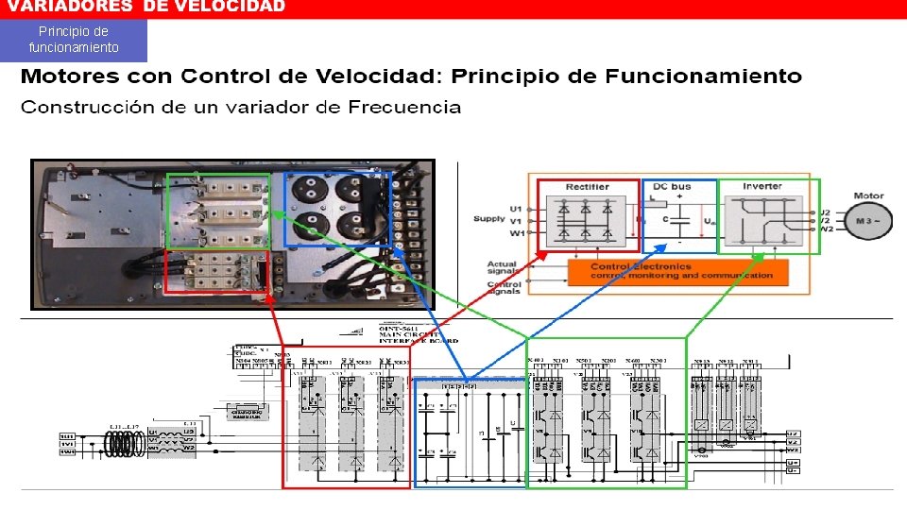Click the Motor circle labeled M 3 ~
pyautogui.click(x=867, y=220)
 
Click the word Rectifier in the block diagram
pyautogui.click(x=587, y=187)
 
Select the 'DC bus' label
pyautogui.click(x=673, y=187)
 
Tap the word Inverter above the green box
pyautogui.click(x=762, y=186)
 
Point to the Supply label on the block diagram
pyautogui.click(x=489, y=219)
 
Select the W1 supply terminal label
pyautogui.click(x=515, y=231)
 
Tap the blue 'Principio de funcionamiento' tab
pyautogui.click(x=74, y=40)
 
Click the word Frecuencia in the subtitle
pyautogui.click(x=404, y=107)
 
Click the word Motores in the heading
pyautogui.click(x=70, y=76)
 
